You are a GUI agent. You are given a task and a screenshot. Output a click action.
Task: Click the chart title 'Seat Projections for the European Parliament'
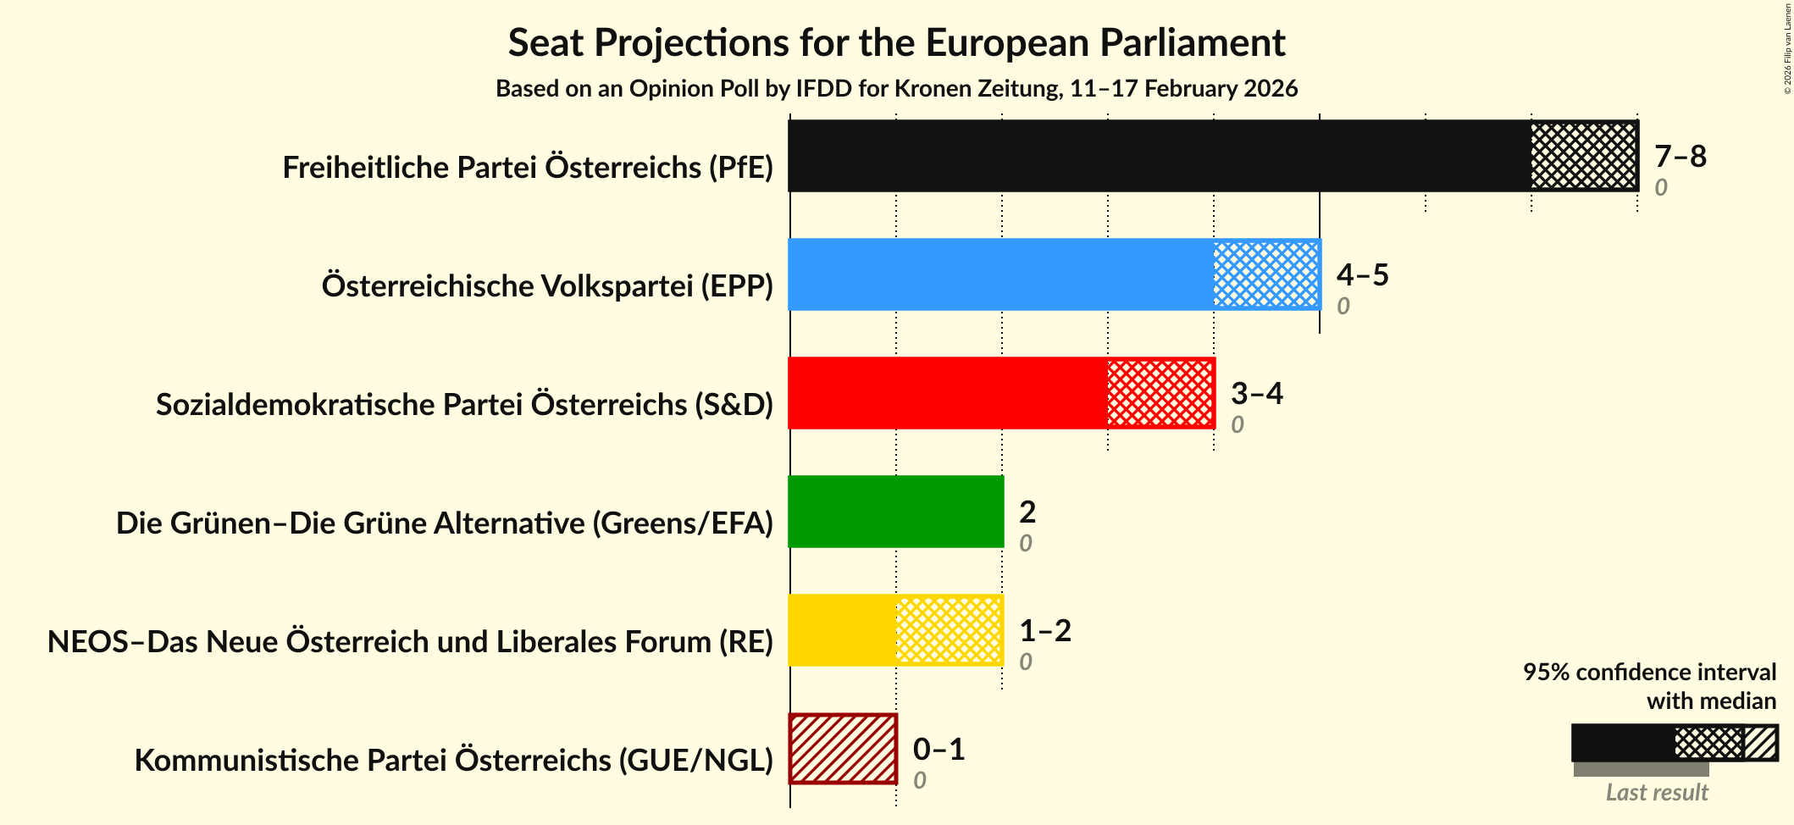click(x=896, y=43)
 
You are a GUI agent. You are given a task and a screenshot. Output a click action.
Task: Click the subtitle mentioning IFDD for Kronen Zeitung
click(x=896, y=89)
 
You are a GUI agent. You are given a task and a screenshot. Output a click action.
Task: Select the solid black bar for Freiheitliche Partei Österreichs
click(x=1159, y=156)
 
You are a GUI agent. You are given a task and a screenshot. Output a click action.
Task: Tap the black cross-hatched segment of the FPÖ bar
click(x=1583, y=156)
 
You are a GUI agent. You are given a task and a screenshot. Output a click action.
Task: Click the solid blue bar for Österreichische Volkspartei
click(x=1000, y=274)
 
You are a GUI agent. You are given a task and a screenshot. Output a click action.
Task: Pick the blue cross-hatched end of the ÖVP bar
click(x=1266, y=274)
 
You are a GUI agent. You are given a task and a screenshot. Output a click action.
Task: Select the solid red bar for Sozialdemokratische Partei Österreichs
click(x=947, y=393)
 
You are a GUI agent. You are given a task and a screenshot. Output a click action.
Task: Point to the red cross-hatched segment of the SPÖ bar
click(x=1160, y=393)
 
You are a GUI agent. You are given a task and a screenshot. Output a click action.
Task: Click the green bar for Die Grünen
click(x=895, y=512)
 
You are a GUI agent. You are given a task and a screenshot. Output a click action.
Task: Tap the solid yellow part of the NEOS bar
click(x=842, y=630)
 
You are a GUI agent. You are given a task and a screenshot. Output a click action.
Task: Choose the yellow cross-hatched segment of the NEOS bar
click(x=949, y=630)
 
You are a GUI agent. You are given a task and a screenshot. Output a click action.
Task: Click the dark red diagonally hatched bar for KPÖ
click(x=843, y=749)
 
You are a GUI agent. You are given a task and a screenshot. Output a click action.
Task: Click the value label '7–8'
click(x=1680, y=157)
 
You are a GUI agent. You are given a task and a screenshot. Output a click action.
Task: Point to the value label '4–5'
click(x=1362, y=275)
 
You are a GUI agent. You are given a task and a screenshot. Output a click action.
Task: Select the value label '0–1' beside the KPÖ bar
click(x=939, y=750)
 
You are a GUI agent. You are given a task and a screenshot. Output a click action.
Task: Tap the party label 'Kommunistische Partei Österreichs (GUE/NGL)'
click(x=453, y=761)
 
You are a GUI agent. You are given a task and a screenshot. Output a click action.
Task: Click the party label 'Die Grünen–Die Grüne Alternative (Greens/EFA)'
click(x=444, y=523)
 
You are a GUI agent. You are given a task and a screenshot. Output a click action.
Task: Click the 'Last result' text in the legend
click(x=1656, y=793)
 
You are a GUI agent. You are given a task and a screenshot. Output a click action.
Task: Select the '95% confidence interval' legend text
click(x=1648, y=673)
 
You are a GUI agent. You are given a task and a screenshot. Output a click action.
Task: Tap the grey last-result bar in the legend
click(x=1640, y=769)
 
